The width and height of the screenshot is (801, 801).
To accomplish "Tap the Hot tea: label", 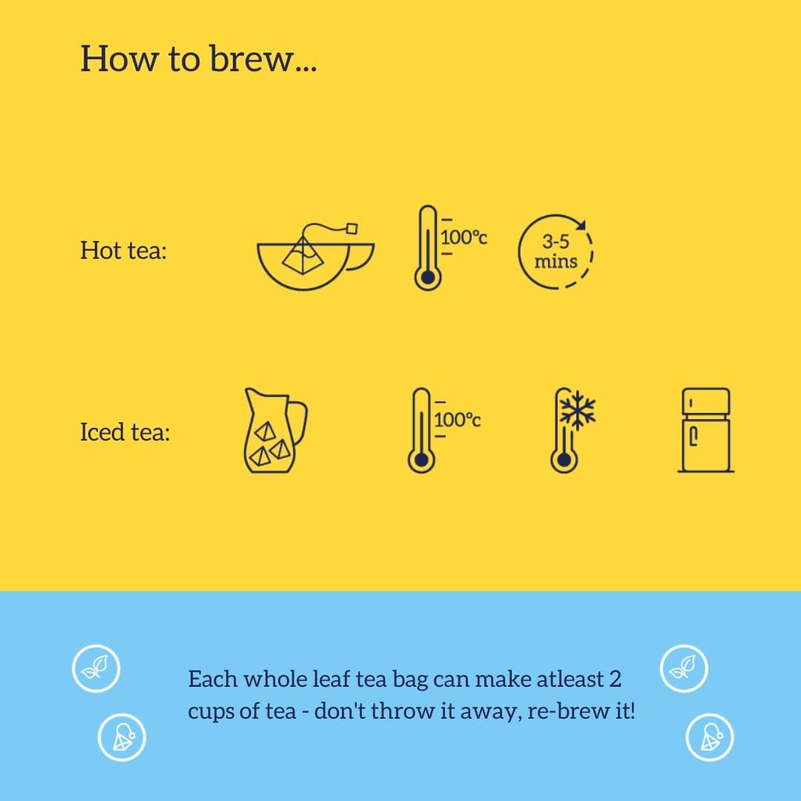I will point(123,251).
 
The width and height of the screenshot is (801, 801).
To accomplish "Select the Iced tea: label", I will point(125,432).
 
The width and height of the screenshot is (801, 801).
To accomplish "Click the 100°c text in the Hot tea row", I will point(464,238).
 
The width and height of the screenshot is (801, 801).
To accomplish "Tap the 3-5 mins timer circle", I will point(556,252).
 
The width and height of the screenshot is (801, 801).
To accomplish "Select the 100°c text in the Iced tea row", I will point(458,420).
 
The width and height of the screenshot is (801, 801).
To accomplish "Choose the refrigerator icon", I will point(705,430).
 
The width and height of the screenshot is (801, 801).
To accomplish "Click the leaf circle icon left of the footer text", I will point(96,669).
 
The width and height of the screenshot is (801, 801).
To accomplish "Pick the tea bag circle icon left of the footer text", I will point(122,737).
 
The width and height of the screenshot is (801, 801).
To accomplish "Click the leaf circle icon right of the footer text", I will point(684,669).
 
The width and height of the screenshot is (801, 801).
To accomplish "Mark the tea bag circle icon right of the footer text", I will point(710,737).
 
